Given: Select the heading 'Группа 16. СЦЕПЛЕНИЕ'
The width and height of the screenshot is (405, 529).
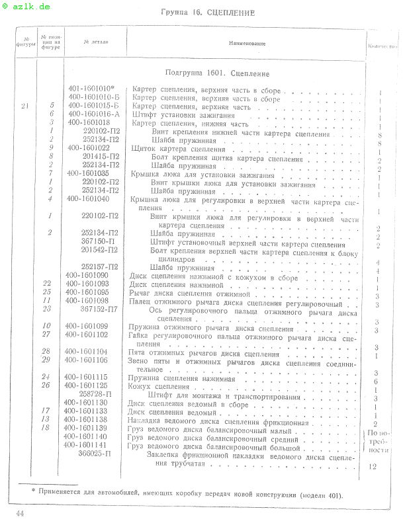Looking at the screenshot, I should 208,13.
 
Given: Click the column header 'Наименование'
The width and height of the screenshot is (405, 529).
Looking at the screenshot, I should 247,44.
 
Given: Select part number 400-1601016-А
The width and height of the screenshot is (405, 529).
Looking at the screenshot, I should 94,114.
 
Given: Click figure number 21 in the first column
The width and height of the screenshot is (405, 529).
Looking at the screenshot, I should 24,106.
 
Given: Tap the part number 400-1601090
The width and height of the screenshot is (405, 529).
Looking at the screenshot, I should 87,274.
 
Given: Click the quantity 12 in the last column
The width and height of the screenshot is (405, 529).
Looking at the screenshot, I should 374,467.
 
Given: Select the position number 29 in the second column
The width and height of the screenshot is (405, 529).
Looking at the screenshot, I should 46,360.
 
